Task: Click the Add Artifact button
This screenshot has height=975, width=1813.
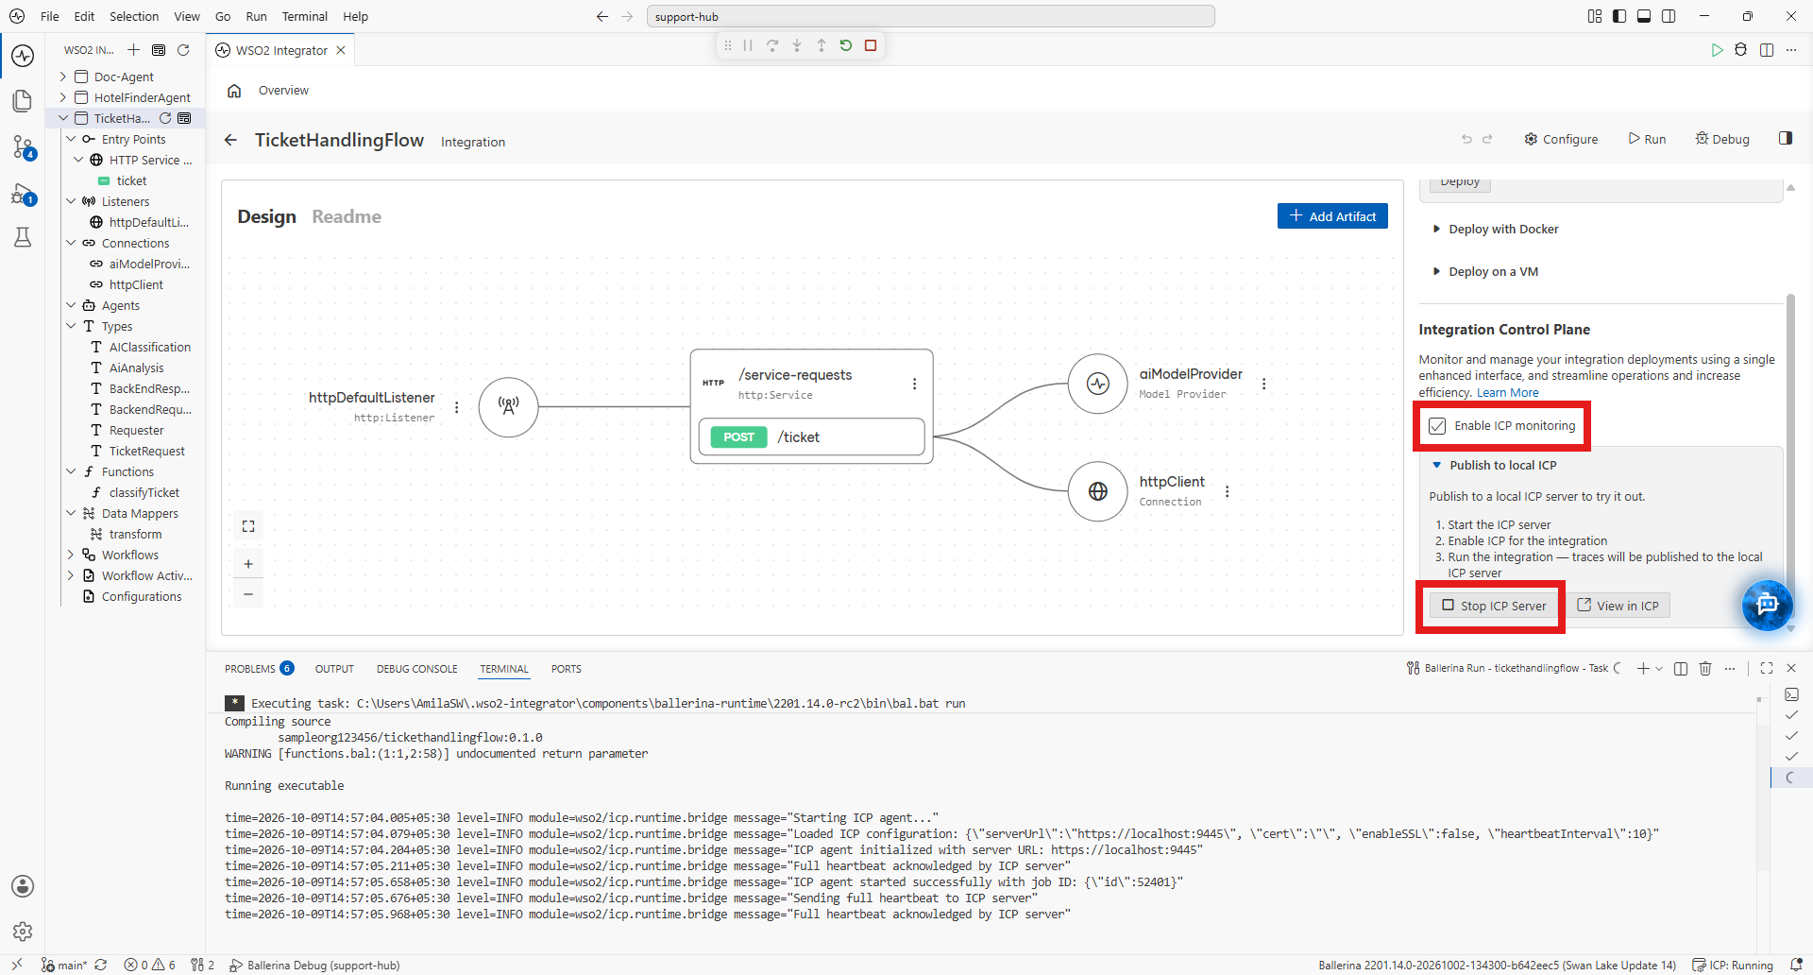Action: [1332, 216]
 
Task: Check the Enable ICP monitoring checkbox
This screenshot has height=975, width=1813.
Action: [1437, 426]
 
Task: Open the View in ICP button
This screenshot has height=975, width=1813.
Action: [1618, 606]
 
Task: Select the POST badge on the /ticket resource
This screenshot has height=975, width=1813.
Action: [738, 437]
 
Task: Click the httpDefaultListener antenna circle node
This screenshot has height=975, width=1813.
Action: [509, 407]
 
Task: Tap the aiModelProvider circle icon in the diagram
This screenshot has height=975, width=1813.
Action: [1097, 384]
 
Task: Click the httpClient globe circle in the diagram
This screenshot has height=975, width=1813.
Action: [1097, 491]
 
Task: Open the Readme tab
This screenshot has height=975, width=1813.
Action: [347, 216]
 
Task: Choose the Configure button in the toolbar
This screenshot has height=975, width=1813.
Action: [1561, 139]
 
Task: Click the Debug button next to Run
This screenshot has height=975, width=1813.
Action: [1722, 139]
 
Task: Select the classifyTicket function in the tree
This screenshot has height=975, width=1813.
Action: [144, 492]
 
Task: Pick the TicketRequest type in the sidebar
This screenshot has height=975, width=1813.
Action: [146, 451]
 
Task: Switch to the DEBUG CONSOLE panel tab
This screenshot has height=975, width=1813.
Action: [416, 669]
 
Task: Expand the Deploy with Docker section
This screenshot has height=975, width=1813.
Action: [1503, 229]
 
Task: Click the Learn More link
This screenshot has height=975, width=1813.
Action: [1507, 393]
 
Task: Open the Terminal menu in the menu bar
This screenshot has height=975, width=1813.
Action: [304, 16]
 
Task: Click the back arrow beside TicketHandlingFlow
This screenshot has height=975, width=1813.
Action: [230, 140]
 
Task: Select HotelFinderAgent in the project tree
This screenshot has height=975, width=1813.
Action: [142, 97]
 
